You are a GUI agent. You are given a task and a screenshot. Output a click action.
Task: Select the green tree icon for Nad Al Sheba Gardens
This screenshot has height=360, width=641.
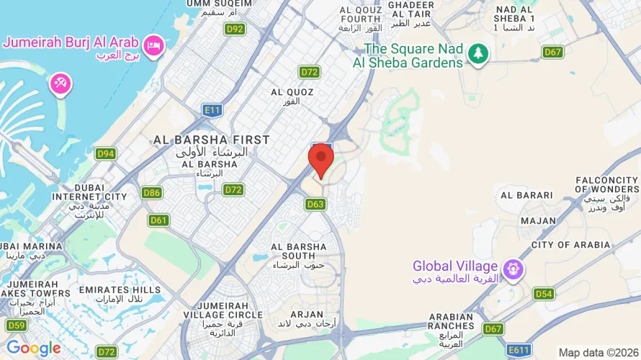(x=478, y=53)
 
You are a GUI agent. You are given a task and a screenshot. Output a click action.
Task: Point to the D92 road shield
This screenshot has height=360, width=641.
(x=235, y=30)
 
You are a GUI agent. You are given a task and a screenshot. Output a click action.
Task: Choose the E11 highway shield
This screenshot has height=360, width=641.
(x=212, y=110)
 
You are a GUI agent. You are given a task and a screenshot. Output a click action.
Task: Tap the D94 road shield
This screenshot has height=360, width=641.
(x=105, y=153)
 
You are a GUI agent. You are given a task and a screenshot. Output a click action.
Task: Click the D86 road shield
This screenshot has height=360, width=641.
(x=151, y=192)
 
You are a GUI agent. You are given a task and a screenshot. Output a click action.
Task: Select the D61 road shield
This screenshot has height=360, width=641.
(x=158, y=220)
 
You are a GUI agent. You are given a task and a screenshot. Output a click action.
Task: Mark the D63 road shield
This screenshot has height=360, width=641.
(x=315, y=204)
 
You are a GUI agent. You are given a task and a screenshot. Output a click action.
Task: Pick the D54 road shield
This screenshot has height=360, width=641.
(x=544, y=294)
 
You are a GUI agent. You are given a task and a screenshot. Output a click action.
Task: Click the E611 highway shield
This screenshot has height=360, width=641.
(x=519, y=350)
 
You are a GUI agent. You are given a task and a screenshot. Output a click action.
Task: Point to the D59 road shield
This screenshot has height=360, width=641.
(x=16, y=325)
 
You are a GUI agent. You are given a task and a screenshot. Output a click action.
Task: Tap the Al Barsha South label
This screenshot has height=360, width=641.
(x=299, y=253)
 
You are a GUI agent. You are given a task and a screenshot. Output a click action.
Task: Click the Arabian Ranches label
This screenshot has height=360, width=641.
(x=452, y=322)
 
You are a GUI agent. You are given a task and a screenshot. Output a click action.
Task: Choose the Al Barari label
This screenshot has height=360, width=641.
(x=526, y=195)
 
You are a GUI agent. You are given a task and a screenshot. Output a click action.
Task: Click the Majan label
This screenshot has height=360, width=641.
(x=538, y=221)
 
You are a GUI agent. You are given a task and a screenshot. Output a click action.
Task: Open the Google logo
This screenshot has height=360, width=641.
(x=34, y=348)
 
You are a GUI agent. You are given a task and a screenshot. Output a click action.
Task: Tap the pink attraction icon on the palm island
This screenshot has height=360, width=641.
(x=60, y=84)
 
